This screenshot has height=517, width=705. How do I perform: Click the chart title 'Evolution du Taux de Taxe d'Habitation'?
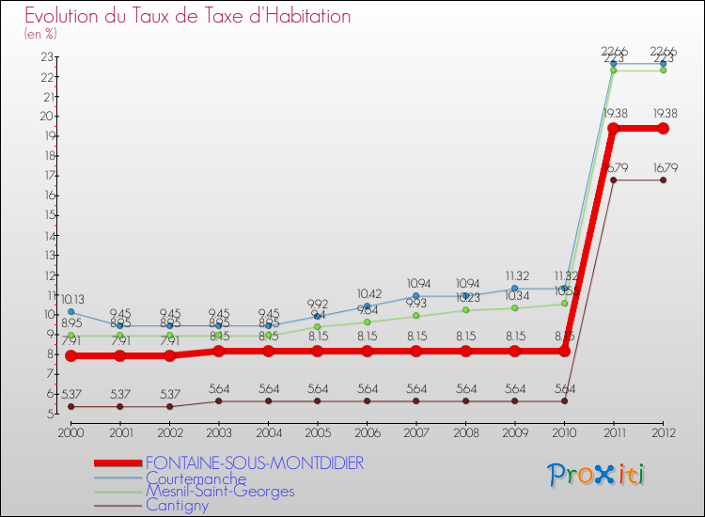pos(188,16)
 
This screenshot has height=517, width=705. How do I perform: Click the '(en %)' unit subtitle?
pos(40,34)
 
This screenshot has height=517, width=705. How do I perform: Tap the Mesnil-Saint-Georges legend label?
pos(219,492)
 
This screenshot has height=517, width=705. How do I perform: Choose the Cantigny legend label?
pos(177,505)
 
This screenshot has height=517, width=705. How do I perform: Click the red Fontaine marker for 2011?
pos(613,128)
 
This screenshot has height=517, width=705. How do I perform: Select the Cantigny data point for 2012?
pos(663,180)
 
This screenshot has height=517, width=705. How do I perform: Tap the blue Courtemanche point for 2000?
pos(70,311)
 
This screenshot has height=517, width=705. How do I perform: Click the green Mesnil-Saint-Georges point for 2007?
pos(415,316)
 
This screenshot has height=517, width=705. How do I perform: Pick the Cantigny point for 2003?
pos(218,400)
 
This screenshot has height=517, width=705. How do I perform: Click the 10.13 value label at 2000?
pos(70,299)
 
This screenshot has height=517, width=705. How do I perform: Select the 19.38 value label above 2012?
pos(663,116)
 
